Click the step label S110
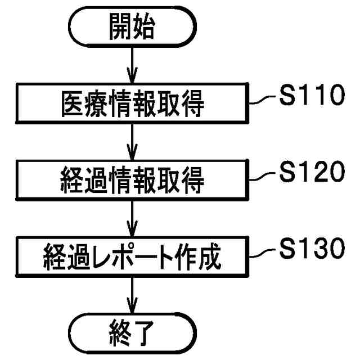coord(310,97)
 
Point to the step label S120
coord(310,173)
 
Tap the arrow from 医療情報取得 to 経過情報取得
coord(132,143)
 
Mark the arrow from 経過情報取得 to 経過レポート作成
coord(132,219)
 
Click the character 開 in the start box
coord(120,28)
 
